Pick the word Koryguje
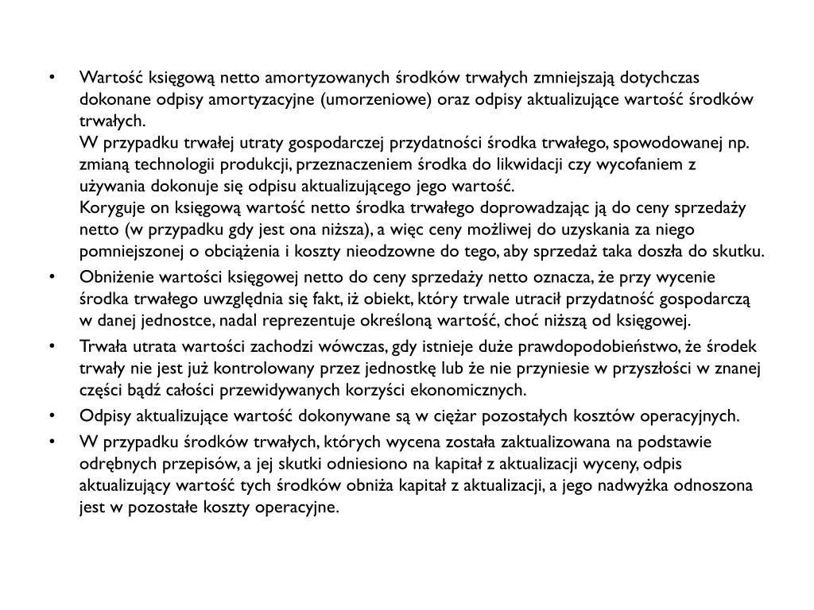point(107,208)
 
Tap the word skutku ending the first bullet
point(744,252)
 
